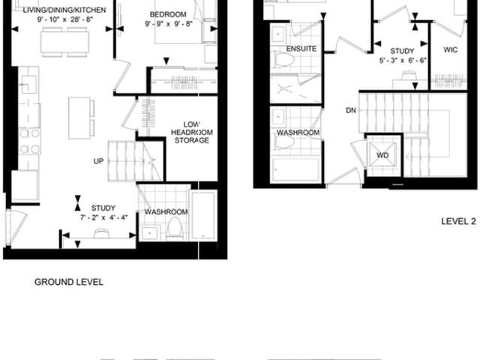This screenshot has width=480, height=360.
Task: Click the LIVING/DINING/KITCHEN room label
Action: point(64,10)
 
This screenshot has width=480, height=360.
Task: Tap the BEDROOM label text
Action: point(168,14)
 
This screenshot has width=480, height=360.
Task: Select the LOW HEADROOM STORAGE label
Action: point(192,133)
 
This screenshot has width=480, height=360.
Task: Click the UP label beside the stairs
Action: point(98,161)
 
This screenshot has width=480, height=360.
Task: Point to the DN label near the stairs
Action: point(351,110)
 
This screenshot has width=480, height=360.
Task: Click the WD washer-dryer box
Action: point(382,155)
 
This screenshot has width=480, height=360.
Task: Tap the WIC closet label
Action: point(450,49)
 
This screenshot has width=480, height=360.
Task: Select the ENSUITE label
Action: point(301,49)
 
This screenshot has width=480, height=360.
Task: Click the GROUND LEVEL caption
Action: point(69,282)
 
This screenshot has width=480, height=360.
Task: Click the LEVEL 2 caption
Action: point(458,221)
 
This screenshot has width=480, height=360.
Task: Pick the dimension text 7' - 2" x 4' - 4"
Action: point(103,217)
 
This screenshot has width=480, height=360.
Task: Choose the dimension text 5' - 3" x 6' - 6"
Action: point(403,60)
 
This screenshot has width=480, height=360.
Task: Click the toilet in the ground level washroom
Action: point(175,228)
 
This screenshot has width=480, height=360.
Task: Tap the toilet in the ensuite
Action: point(284,58)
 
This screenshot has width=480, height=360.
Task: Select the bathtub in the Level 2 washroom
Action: point(295,169)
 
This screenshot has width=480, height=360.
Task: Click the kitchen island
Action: point(79,118)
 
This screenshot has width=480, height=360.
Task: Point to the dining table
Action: point(64,42)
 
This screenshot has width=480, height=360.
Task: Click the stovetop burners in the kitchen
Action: point(30,141)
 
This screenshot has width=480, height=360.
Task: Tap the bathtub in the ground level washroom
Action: point(203,215)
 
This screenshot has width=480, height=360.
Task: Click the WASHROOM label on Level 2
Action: point(298,133)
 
